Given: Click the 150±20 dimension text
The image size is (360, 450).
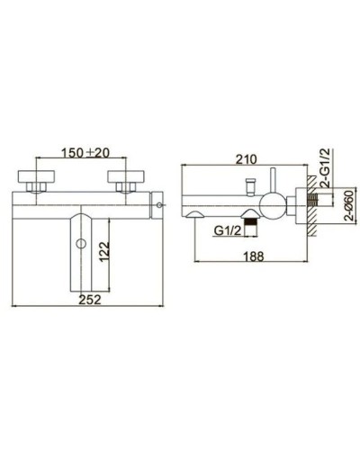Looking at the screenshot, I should pos(86,151).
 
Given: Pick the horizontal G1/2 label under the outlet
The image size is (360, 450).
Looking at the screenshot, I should pos(228,229).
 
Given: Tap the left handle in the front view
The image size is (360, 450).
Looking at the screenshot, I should pos(37,174).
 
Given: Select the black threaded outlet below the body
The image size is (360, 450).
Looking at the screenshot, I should pos(256,220).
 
